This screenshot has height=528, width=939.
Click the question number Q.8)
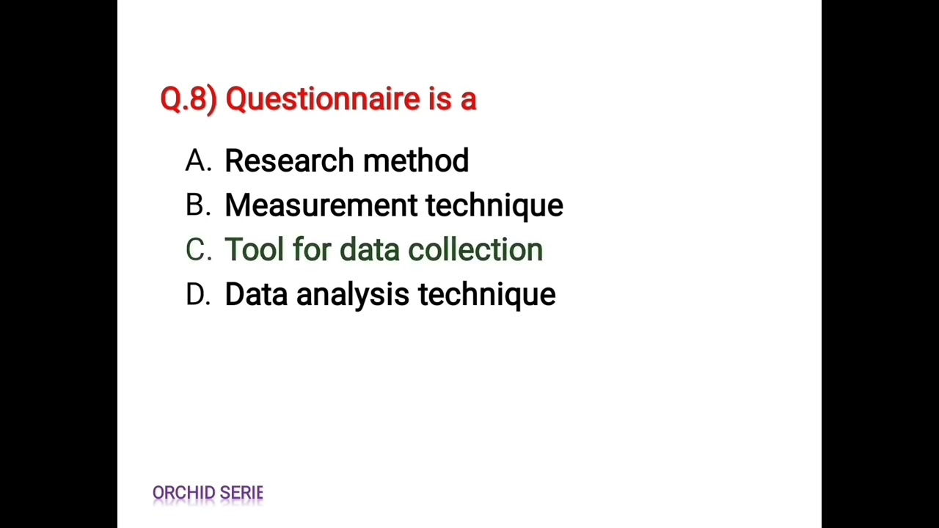pos(188,99)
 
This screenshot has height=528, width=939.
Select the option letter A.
pos(198,161)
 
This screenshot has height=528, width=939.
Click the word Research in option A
pos(289,161)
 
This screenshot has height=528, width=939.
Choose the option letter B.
pos(198,205)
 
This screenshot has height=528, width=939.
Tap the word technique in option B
pos(494,206)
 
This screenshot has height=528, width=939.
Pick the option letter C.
pos(198,250)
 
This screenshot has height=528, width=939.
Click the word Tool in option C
pos(254,250)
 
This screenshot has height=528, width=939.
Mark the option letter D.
pos(198,295)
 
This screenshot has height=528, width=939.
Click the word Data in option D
pos(256,295)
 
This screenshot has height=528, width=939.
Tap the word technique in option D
pos(487,295)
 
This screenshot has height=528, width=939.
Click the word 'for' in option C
pos(311,250)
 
